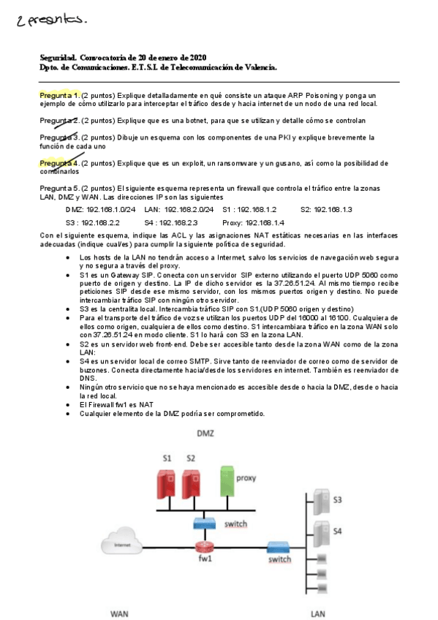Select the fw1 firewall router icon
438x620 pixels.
(204, 548)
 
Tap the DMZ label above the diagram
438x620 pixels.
(205, 434)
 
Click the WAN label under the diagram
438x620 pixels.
(119, 614)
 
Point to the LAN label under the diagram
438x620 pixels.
(317, 614)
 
